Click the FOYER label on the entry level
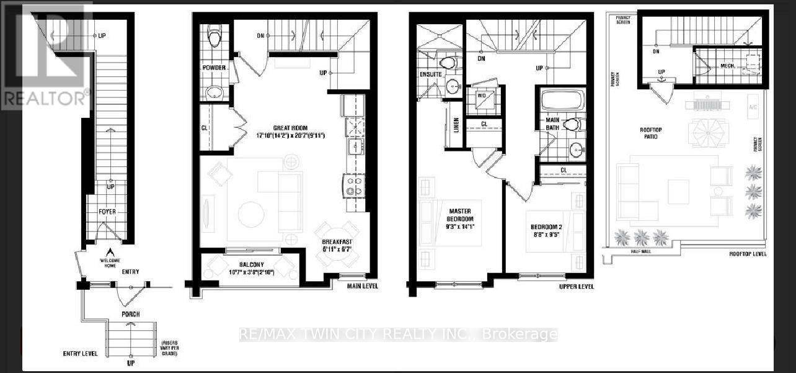click(x=107, y=212)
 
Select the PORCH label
click(x=130, y=314)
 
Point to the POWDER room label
click(x=213, y=68)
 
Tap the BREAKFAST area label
click(x=337, y=242)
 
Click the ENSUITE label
click(x=431, y=74)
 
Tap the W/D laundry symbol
click(x=480, y=96)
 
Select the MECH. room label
click(x=727, y=66)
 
